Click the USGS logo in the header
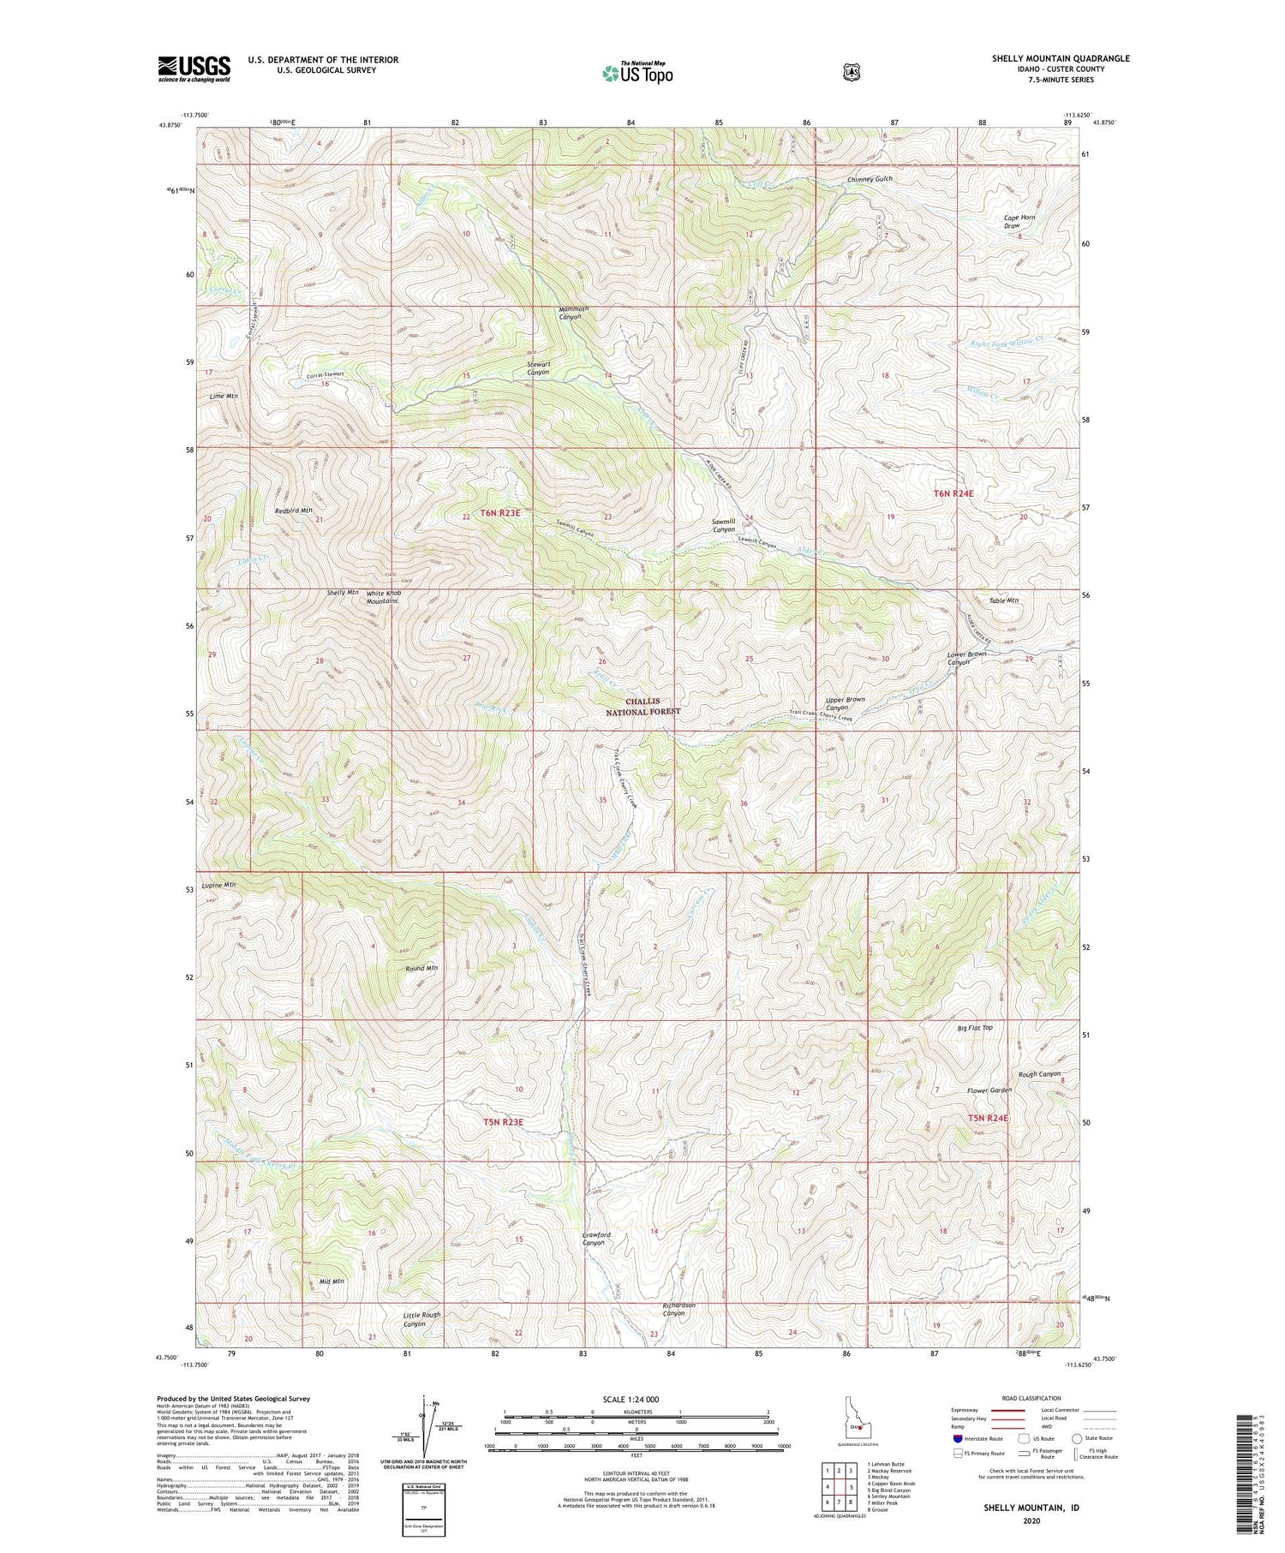pos(194,69)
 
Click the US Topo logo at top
pos(637,73)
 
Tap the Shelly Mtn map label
pos(343,593)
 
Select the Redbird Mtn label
pos(294,511)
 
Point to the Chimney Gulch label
pos(870,179)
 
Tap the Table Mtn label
pos(1003,600)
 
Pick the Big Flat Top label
pos(976,1027)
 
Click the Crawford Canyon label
pos(596,1238)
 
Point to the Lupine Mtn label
pos(218,884)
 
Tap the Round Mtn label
pos(421,968)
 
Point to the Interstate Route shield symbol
pos(958,1438)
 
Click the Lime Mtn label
pos(223,397)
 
